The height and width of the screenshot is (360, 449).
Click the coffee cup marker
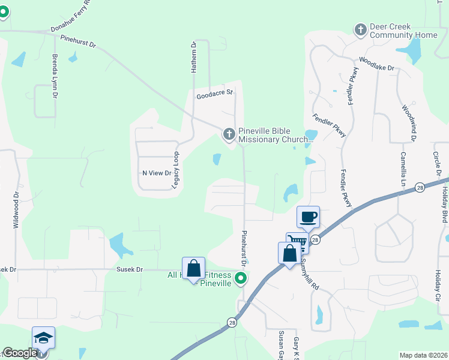pos(308,217)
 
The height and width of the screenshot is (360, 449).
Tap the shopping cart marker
pos(297,242)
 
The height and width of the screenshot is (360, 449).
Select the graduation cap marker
pos(44,338)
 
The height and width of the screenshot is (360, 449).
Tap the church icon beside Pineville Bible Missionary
pos(229,134)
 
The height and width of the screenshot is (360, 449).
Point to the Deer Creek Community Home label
pos(403,31)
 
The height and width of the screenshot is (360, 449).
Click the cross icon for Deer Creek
pos(360,29)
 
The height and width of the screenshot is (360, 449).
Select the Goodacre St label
pos(214,95)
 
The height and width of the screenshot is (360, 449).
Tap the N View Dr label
pos(157,173)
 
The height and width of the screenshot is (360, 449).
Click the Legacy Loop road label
pos(176,170)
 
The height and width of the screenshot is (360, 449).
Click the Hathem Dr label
pos(194,57)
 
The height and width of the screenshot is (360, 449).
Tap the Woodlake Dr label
pos(376,64)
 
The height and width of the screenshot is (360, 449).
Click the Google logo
pos(20,353)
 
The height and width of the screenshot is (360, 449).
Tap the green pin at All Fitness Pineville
pos(241,278)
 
